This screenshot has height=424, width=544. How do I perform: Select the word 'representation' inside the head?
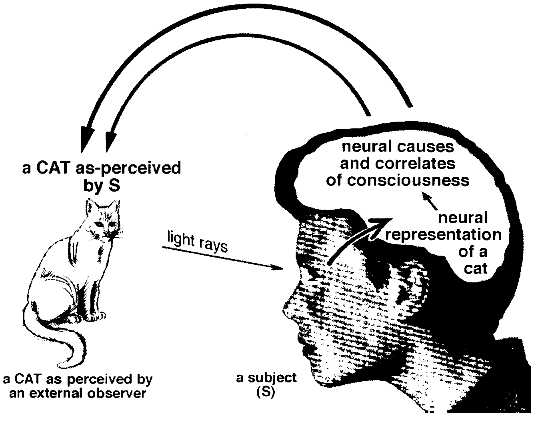[443, 235]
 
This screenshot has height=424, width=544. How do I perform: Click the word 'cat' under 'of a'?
[476, 268]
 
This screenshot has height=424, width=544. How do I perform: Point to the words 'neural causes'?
[398, 147]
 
